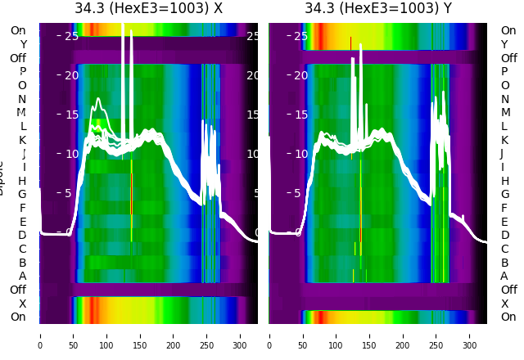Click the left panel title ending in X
coord(148,9)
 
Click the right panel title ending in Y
coord(378,9)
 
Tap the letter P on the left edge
coord(23,72)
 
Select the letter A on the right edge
coord(504,277)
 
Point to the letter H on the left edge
coord(23,181)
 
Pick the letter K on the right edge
coord(504,140)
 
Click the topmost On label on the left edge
coord(18,31)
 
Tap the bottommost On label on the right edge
coord(508,317)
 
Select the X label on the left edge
coord(23,304)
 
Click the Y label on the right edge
coord(504,44)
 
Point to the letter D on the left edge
coord(23,236)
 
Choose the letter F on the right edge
coord(504,208)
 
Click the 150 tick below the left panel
coord(140,335)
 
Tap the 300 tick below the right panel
coord(471,335)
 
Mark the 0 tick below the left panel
coord(40,335)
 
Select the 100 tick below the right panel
coord(337,335)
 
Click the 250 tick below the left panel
coord(207,335)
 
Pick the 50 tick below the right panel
coord(303,335)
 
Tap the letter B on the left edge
coord(23,263)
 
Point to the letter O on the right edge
coord(504,85)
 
